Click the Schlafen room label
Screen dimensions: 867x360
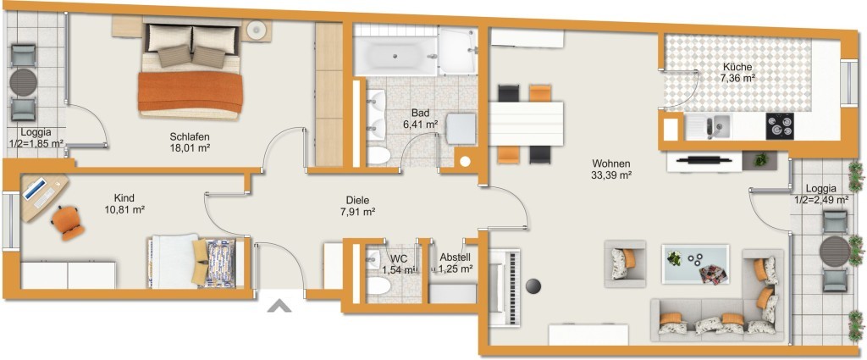190,136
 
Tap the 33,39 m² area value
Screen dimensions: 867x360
611,175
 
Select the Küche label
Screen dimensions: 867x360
737,67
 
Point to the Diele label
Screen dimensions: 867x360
357,200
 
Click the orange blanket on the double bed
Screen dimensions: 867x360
191,91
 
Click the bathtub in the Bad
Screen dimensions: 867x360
395,56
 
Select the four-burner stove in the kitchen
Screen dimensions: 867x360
780,126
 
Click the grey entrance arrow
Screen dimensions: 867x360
279,306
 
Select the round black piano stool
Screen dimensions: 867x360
533,286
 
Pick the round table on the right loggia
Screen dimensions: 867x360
834,252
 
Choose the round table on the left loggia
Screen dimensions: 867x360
23,83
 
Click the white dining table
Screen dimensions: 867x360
527,124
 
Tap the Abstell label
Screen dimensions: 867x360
455,258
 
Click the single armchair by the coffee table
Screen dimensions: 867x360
625,263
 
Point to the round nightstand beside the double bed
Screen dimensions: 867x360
257,30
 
